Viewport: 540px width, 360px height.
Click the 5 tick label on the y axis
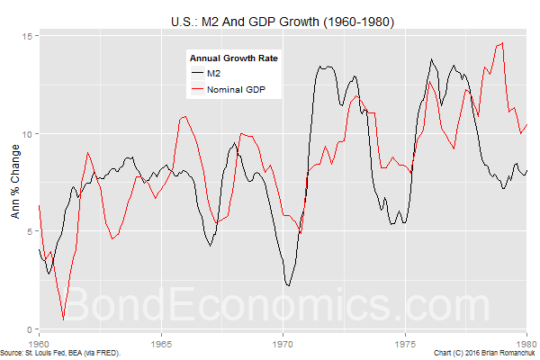click(x=30, y=231)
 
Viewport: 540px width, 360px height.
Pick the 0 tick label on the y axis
click(x=30, y=329)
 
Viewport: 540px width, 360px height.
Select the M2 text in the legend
click(x=214, y=73)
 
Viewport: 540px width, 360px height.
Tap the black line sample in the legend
click(x=197, y=73)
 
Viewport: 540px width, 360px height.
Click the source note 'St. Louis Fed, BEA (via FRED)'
click(x=72, y=353)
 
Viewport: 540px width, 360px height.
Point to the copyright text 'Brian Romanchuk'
click(x=505, y=353)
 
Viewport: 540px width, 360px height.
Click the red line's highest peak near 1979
click(x=501, y=42)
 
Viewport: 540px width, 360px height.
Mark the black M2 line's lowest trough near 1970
click(x=288, y=285)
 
